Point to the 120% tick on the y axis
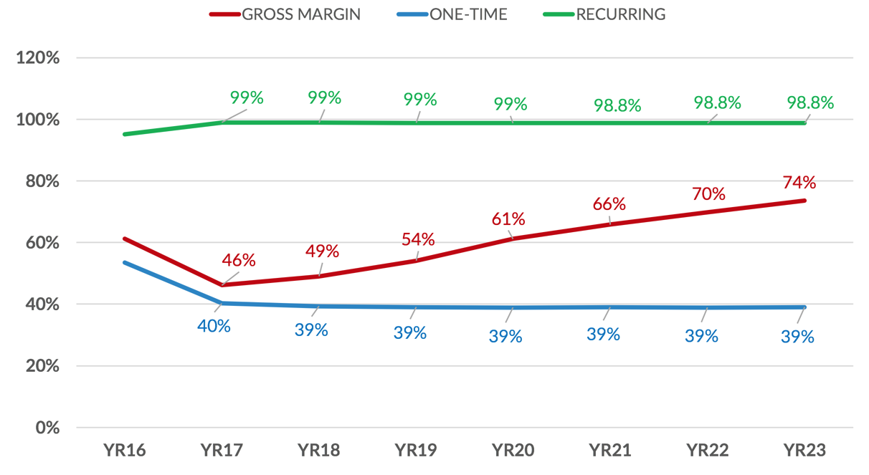tap(38, 58)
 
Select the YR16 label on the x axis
tap(123, 451)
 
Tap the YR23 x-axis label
tap(805, 451)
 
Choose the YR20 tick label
tap(513, 451)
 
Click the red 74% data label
tap(799, 182)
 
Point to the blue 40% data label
tap(214, 326)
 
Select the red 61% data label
tap(510, 219)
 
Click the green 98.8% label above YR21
tap(617, 105)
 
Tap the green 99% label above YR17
tap(246, 97)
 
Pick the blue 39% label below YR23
tap(798, 335)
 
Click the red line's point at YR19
tap(416, 261)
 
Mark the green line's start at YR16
tap(124, 134)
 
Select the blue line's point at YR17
tap(222, 303)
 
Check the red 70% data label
tap(709, 194)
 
